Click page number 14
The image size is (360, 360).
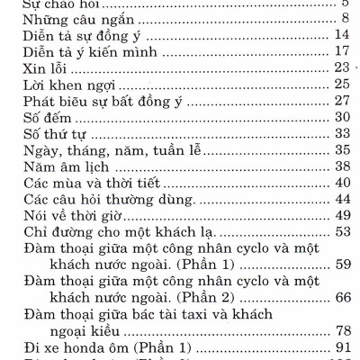point(340,35)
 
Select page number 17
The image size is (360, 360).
point(340,51)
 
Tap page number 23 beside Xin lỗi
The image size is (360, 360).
point(340,67)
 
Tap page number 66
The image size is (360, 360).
point(340,298)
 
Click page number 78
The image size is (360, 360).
point(340,331)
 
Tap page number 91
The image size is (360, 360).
point(340,347)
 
